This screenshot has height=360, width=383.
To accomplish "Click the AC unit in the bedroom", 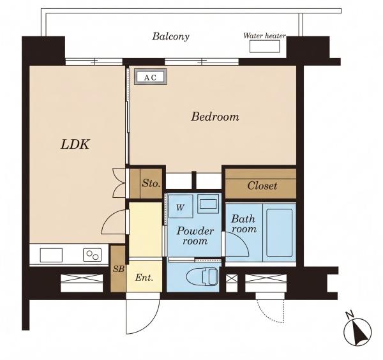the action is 151,77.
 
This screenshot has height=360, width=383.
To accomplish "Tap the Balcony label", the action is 170,36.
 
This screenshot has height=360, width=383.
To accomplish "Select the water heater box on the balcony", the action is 265,46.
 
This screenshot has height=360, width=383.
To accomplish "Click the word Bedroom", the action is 215,117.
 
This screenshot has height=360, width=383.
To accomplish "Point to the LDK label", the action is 75,144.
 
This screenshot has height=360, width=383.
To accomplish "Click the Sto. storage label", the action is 151,183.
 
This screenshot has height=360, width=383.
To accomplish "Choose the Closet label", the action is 262,186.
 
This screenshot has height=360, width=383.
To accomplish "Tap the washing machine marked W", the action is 180,207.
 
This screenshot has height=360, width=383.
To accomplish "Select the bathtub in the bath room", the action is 280,232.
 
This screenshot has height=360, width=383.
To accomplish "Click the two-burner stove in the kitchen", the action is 92,255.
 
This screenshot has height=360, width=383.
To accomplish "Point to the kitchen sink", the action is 51,255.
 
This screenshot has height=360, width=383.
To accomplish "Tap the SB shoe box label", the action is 119,269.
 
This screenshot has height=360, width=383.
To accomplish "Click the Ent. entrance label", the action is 144,278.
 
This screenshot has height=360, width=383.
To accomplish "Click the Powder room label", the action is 195,236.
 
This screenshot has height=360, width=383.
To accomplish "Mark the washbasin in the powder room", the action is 208,204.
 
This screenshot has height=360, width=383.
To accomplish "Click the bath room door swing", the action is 242,238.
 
